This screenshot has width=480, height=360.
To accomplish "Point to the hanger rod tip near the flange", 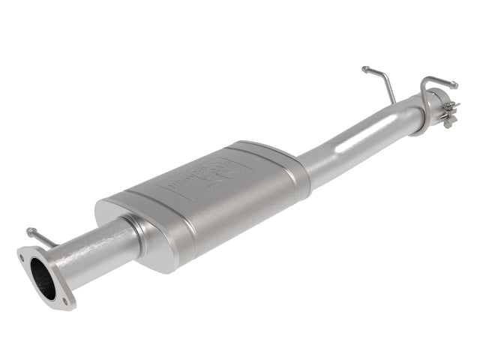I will point(30,231).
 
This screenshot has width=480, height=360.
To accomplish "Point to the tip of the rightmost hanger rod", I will point(454,84).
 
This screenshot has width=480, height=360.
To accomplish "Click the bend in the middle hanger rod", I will point(385,79).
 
